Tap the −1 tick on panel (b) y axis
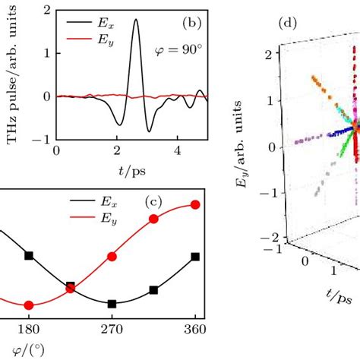[x=43, y=139]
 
